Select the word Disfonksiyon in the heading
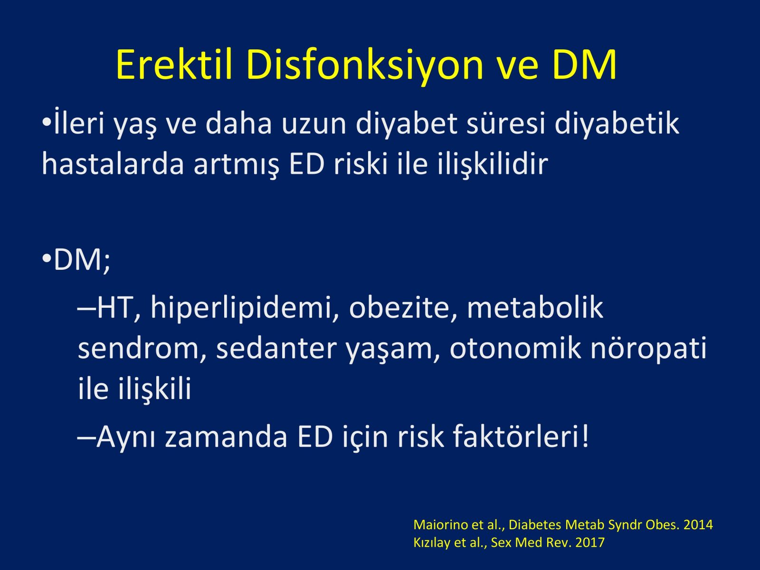tap(365, 66)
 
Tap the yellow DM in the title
tap(584, 65)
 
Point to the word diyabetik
tap(617, 123)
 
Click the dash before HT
tap(86, 307)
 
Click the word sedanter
tap(276, 348)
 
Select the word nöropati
tap(648, 349)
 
